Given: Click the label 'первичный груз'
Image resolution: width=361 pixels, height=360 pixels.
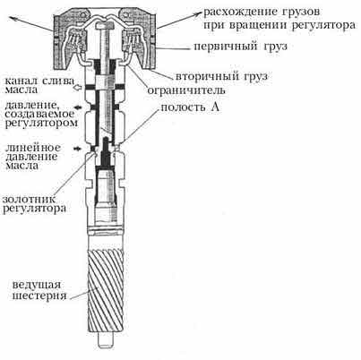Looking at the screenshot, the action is click(240, 47).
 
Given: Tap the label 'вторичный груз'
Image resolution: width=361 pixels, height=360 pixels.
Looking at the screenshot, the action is click(221, 76).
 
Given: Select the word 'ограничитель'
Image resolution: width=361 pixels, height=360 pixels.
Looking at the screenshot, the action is click(186, 90).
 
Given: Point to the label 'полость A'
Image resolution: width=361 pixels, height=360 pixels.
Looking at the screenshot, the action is click(190, 107).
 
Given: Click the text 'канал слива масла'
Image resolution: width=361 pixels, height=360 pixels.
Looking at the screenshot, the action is click(39, 84).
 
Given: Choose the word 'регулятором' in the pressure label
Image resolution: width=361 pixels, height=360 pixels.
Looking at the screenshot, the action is click(41, 123).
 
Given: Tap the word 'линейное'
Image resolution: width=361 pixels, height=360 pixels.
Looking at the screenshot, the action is click(33, 148).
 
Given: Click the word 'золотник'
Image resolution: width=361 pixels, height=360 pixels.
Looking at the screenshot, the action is click(30, 199).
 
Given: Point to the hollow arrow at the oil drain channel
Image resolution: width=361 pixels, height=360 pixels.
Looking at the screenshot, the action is click(77, 88).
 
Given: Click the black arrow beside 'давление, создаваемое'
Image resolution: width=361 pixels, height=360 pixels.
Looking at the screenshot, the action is click(78, 107).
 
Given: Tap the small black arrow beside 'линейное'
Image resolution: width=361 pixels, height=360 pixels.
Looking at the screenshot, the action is click(78, 149).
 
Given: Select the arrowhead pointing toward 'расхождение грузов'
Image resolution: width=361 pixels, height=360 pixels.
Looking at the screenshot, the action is click(199, 13).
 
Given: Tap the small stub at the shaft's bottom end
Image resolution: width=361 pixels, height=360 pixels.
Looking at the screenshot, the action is click(107, 339).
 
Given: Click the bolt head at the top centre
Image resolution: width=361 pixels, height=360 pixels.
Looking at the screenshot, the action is click(105, 27).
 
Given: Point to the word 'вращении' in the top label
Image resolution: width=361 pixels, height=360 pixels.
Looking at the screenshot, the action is click(258, 25).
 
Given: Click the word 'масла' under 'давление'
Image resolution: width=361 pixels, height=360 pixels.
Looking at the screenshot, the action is click(21, 166).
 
